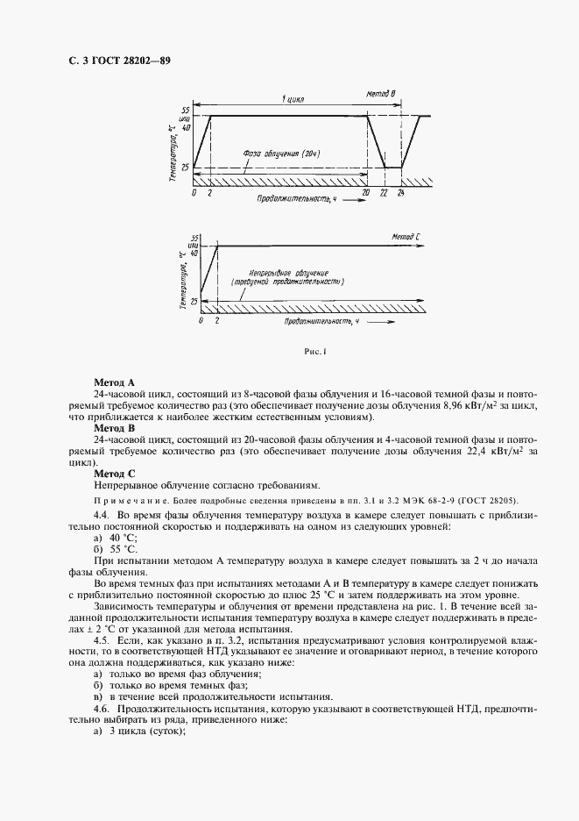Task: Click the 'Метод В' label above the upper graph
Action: [x=381, y=93]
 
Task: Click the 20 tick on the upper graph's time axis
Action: [x=365, y=191]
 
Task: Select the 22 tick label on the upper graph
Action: [x=384, y=191]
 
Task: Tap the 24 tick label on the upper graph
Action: [x=401, y=191]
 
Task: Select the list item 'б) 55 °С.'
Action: [x=110, y=548]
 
